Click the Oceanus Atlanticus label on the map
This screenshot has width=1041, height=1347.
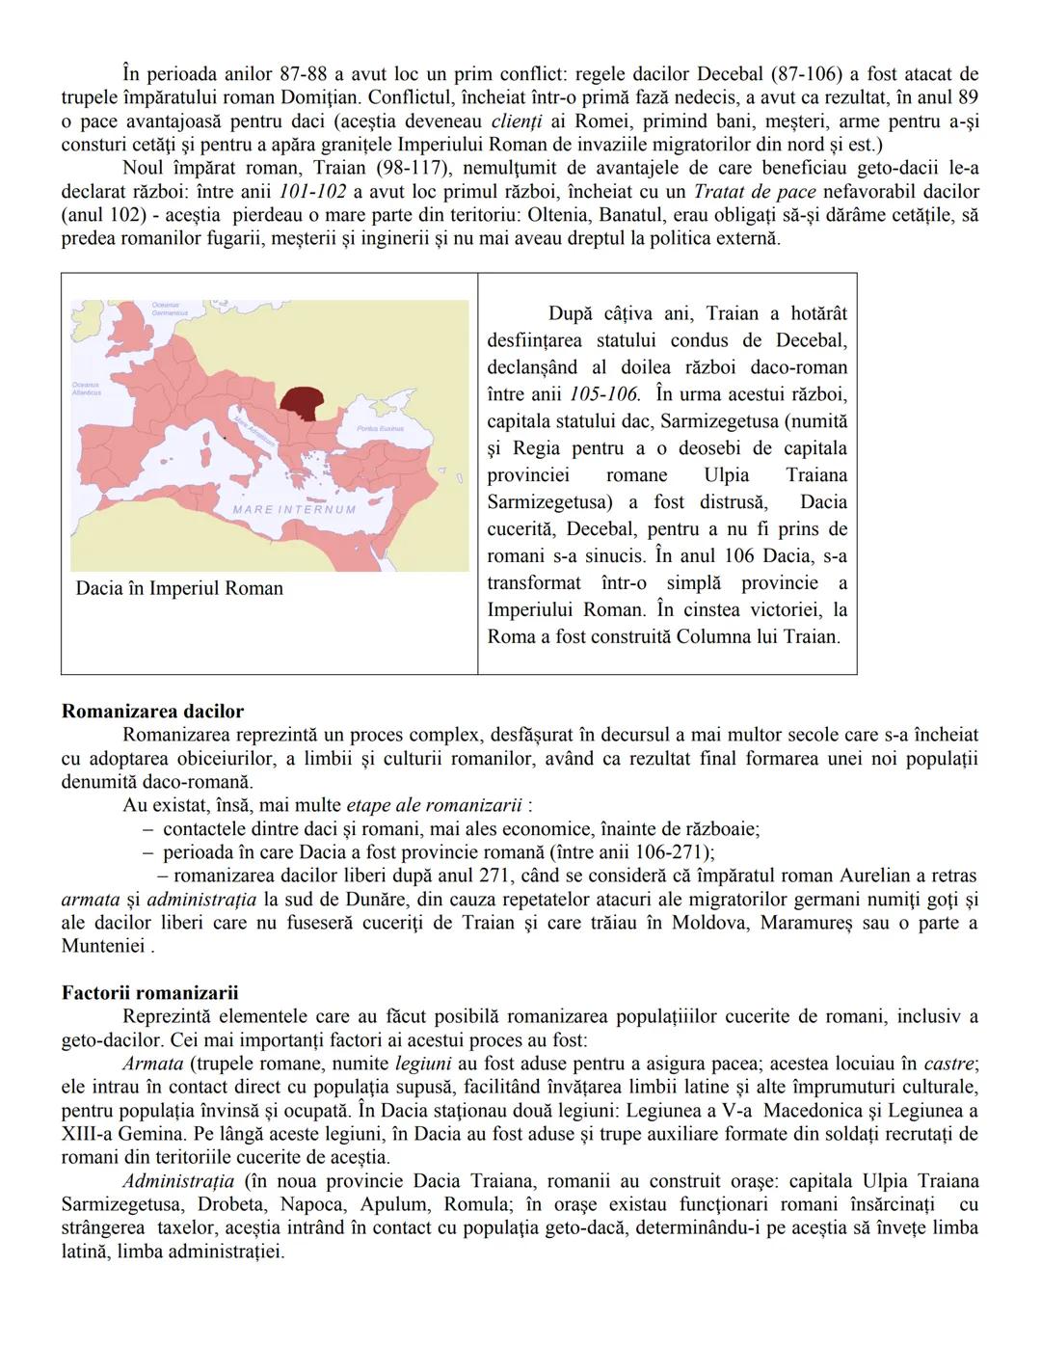coord(86,389)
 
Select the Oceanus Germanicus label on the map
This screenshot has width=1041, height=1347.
coord(169,310)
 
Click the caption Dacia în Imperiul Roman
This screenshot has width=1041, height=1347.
coord(179,588)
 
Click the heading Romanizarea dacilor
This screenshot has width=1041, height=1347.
coord(152,712)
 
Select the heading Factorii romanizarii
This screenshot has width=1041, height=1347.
coord(149,993)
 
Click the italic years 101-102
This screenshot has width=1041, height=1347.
coord(312,191)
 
